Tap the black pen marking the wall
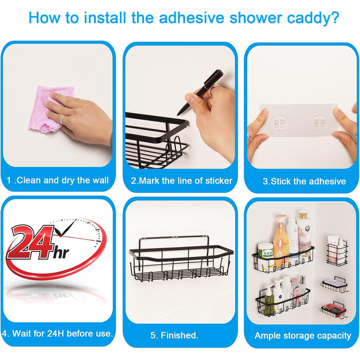[200, 93]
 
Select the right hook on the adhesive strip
[319, 122]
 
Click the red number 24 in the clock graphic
[31, 242]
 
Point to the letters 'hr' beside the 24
[61, 253]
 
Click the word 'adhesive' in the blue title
[191, 17]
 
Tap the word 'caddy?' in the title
[313, 19]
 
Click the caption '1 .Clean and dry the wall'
[58, 180]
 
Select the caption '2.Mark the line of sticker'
[182, 181]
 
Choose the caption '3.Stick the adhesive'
[304, 182]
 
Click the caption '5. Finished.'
[174, 335]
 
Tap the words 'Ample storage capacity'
[303, 336]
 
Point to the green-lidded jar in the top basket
[266, 251]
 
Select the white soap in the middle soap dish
[335, 281]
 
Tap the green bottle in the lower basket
[269, 298]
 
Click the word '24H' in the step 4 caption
[56, 333]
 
